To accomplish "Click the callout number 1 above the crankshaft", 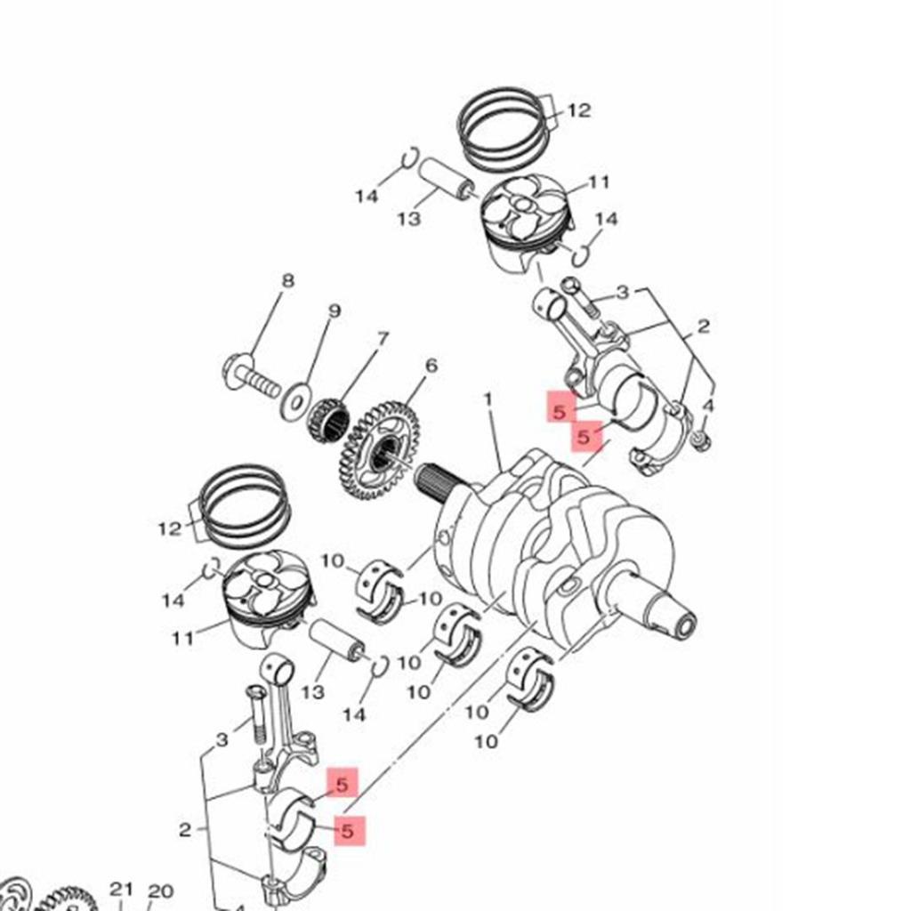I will [x=488, y=399].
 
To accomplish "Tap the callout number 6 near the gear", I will [x=431, y=366].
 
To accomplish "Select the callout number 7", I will [x=383, y=339].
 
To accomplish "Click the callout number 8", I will [x=286, y=281].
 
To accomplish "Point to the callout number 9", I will [x=335, y=311].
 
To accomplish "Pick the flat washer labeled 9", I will [x=295, y=401].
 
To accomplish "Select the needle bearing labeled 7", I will [x=327, y=419].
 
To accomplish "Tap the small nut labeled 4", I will [x=701, y=439].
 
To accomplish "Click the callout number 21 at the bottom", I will [x=122, y=890].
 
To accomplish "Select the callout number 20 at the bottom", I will [x=160, y=891].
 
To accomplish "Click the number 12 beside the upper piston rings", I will [x=578, y=111].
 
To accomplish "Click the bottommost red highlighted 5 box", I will [x=349, y=829].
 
